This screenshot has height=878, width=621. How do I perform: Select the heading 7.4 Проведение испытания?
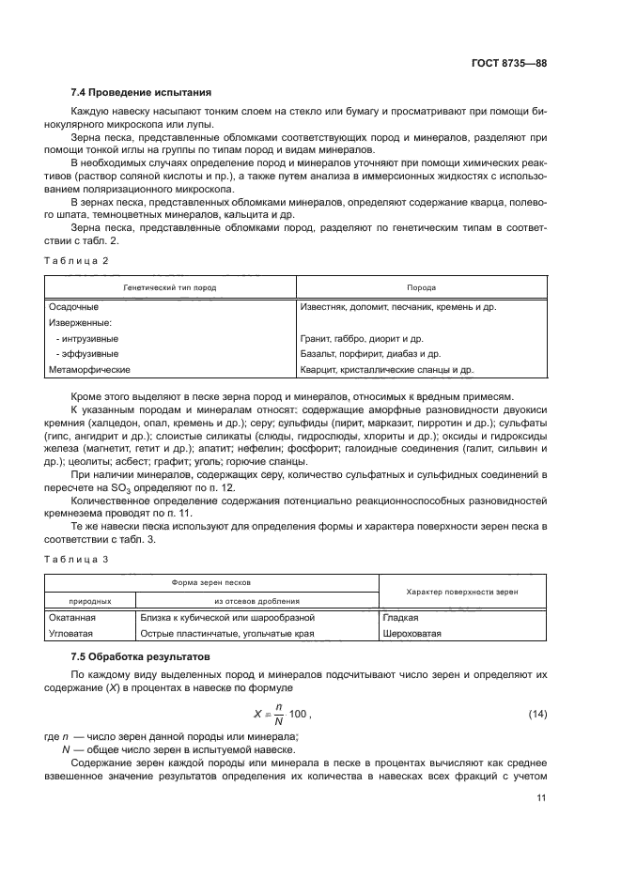[x=141, y=92]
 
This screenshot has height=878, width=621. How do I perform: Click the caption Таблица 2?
[x=77, y=259]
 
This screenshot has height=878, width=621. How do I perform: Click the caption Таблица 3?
[x=77, y=559]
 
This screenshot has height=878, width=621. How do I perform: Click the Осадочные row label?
[x=73, y=307]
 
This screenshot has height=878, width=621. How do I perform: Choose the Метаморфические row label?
[x=88, y=370]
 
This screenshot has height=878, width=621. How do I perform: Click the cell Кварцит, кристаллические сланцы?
[x=387, y=370]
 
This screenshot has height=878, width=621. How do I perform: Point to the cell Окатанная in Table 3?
[x=73, y=618]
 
